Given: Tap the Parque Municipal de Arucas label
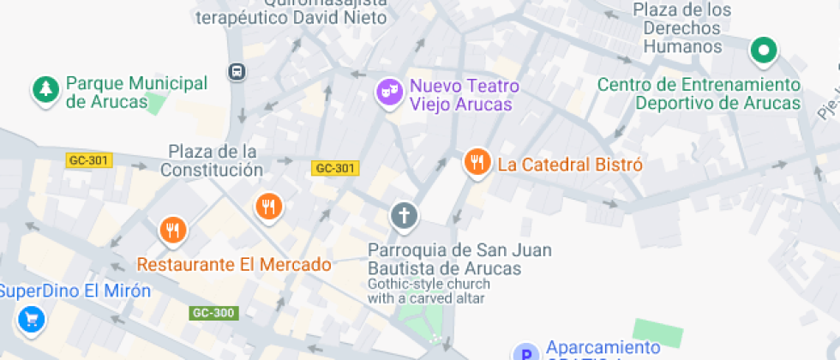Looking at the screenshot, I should coord(136,93).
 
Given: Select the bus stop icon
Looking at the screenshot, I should coord(237,72).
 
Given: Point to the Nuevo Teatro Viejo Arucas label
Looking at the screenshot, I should coord(464,95).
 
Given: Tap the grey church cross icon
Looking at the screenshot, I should coord(404,214).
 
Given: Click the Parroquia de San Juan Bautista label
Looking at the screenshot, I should coord(459,259).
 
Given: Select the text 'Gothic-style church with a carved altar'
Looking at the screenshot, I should coord(429,291).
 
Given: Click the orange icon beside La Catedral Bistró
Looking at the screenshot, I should coord(477,161).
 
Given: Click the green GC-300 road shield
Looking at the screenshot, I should coord(213,313).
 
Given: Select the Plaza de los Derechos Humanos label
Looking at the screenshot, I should coord(682,28).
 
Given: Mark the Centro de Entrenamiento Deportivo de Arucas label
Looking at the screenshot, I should coord(699,93).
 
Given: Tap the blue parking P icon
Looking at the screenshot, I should coord(525,352).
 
